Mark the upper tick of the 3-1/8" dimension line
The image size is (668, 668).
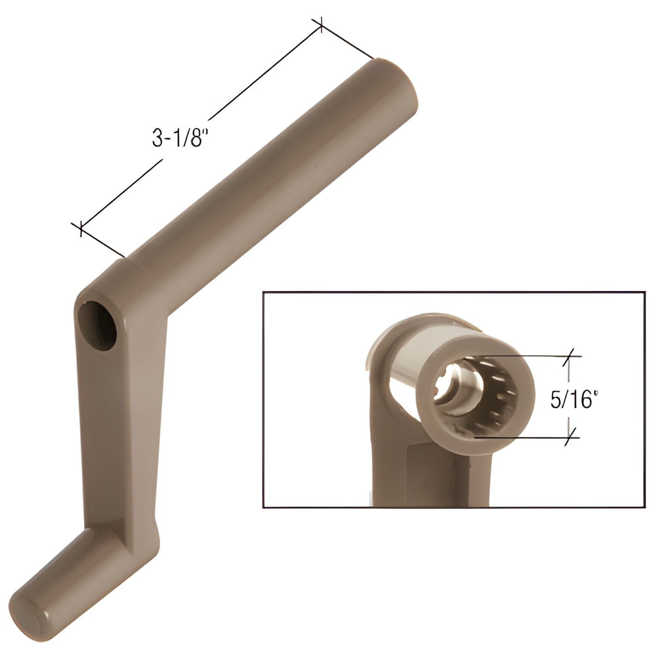tap(321, 26)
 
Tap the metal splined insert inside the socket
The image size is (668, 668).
tap(458, 385)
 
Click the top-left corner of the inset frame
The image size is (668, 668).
tap(263, 292)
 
